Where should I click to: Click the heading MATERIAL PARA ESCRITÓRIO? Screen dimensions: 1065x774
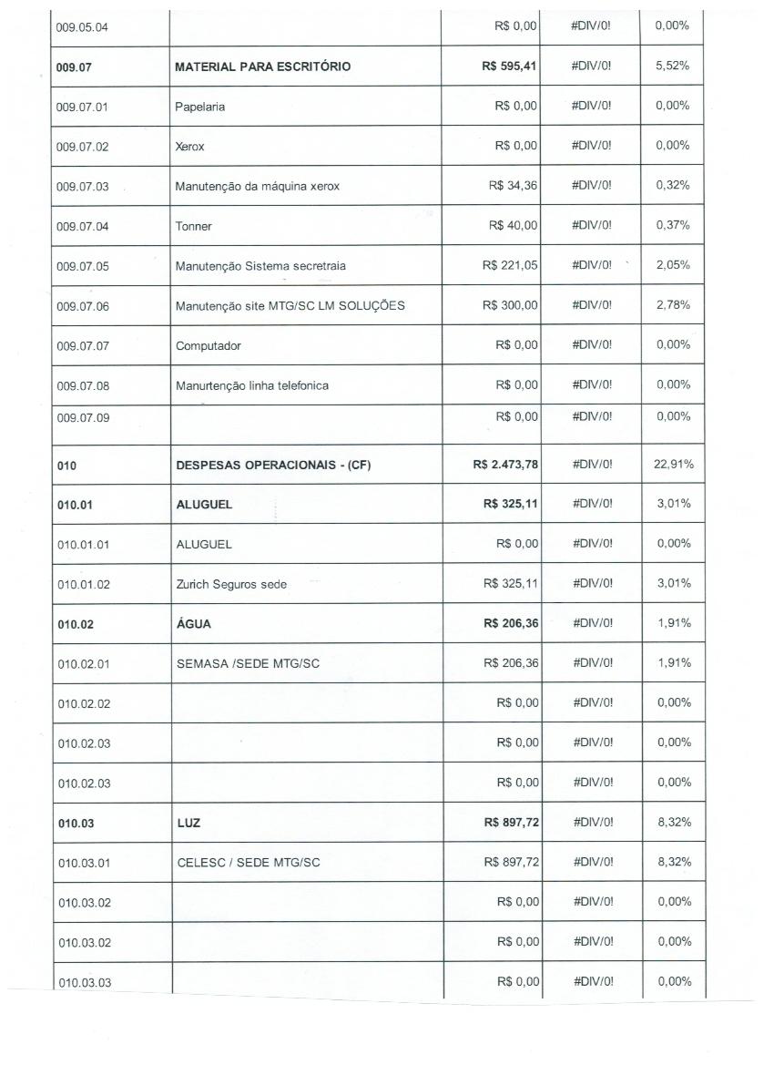pos(262,67)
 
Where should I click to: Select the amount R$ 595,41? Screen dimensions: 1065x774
pos(510,67)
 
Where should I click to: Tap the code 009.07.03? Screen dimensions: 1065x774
pos(82,187)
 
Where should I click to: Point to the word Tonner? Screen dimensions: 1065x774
pos(193,227)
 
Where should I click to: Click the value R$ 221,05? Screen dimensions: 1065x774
pos(510,265)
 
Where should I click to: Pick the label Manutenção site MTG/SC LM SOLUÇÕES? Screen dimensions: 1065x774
pos(290,305)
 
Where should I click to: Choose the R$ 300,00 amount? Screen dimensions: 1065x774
pos(510,305)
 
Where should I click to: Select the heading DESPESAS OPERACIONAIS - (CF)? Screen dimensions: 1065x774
pos(273,466)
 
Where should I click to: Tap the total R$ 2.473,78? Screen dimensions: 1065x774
pos(505,465)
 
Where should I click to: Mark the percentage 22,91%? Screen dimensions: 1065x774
pos(673,465)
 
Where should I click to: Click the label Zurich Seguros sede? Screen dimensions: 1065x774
pos(231,584)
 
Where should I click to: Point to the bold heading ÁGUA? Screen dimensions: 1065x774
pos(193,624)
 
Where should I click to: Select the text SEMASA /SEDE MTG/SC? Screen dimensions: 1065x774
pos(248,664)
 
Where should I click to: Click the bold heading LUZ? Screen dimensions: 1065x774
pos(188,824)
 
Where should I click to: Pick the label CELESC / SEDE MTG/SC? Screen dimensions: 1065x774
pos(248,863)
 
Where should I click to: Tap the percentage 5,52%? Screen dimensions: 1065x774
pos(673,67)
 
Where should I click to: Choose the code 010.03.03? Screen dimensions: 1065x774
pos(84,982)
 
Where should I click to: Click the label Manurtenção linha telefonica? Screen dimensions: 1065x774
pos(251,385)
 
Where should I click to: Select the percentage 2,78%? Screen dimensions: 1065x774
pos(673,305)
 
